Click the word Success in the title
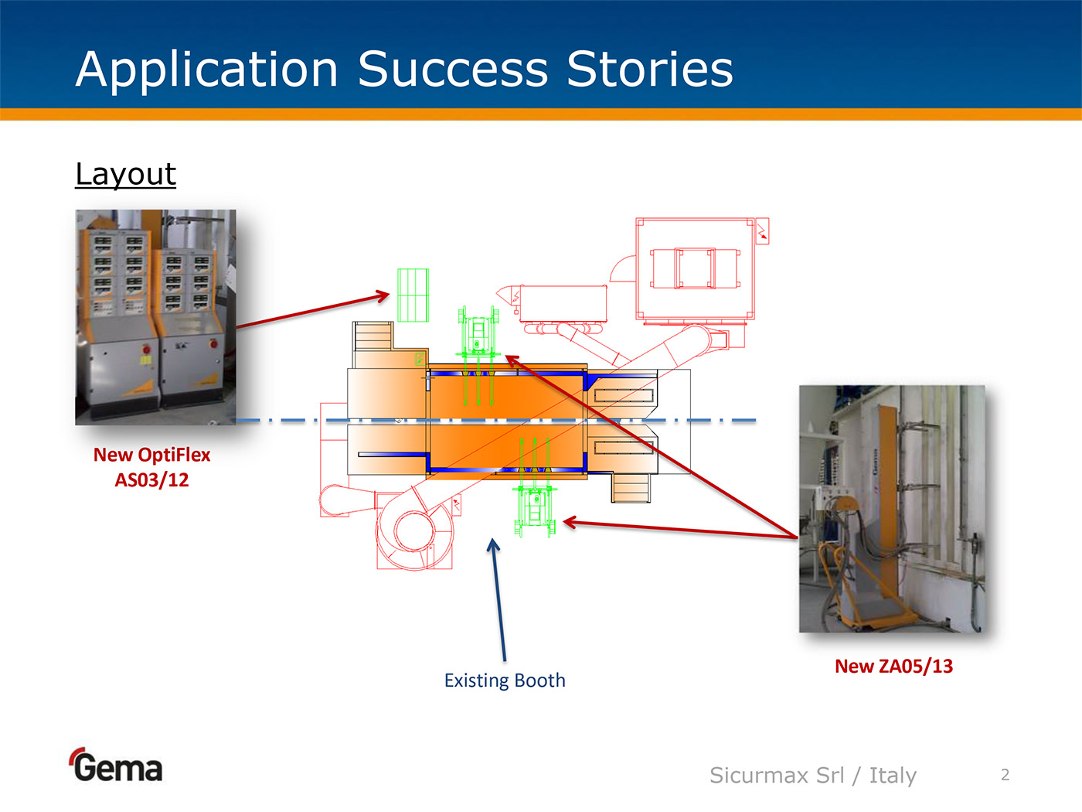453,70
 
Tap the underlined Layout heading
125,174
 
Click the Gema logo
117,766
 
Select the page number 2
1005,775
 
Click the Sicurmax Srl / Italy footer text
812,775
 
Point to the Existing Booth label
505,681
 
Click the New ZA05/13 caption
893,666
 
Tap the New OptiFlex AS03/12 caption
151,467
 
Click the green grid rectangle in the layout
413,295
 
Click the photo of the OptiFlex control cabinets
155,317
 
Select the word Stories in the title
649,70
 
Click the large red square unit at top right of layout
695,268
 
